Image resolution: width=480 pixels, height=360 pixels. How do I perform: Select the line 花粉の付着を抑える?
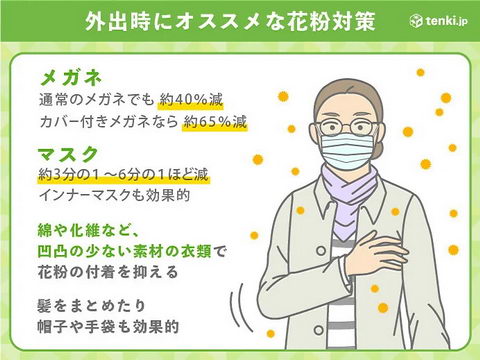point(106,271)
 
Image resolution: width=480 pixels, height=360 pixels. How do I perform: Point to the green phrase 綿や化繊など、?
point(91,228)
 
